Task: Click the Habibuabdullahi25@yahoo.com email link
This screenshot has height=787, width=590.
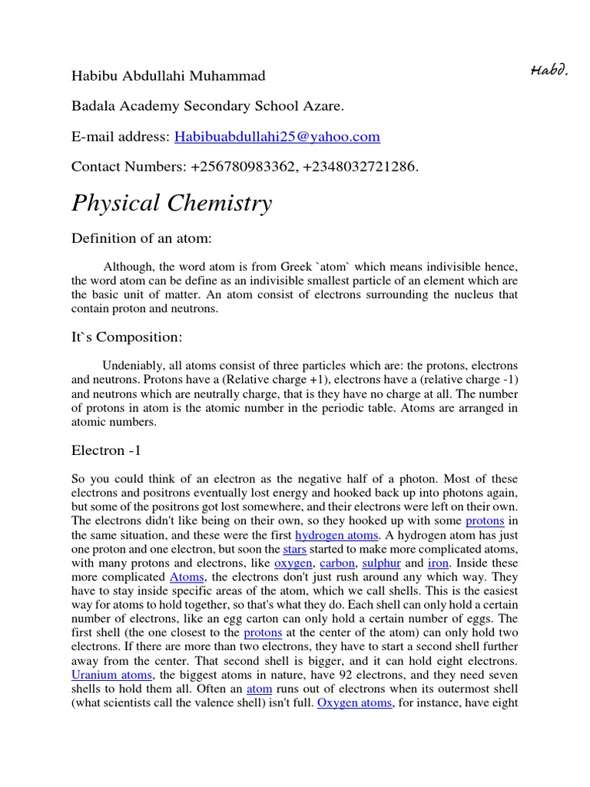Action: [x=277, y=137]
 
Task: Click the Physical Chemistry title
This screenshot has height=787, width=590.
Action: [x=172, y=203]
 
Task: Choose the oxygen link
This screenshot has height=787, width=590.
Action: [x=293, y=563]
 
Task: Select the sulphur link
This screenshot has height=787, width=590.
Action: [x=381, y=563]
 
